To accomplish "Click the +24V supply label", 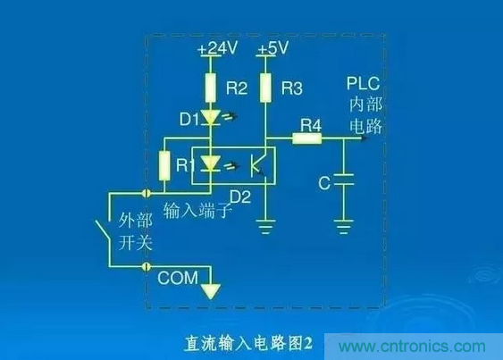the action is pyautogui.click(x=218, y=48).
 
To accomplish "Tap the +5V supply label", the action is pyautogui.click(x=273, y=48).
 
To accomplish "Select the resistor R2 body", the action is pyautogui.click(x=211, y=88).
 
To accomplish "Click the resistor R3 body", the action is pyautogui.click(x=265, y=88).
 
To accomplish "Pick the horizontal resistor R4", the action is pyautogui.click(x=307, y=138).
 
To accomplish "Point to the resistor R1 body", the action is pyautogui.click(x=164, y=166).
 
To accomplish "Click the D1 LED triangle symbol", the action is pyautogui.click(x=211, y=117).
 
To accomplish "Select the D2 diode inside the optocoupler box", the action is pyautogui.click(x=211, y=163).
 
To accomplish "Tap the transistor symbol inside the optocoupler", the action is pyautogui.click(x=259, y=165).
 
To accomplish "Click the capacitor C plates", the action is pyautogui.click(x=344, y=180).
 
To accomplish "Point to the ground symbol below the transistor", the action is pyautogui.click(x=265, y=227).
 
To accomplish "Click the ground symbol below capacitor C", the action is pyautogui.click(x=344, y=227).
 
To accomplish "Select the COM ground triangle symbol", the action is pyautogui.click(x=211, y=291).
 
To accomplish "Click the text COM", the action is pyautogui.click(x=178, y=278).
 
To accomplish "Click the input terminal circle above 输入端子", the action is pyautogui.click(x=147, y=193).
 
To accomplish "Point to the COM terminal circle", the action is pyautogui.click(x=147, y=266).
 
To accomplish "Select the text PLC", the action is pyautogui.click(x=363, y=84).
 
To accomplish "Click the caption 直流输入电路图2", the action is pyautogui.click(x=248, y=344).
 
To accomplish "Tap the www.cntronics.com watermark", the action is pyautogui.click(x=412, y=347).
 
